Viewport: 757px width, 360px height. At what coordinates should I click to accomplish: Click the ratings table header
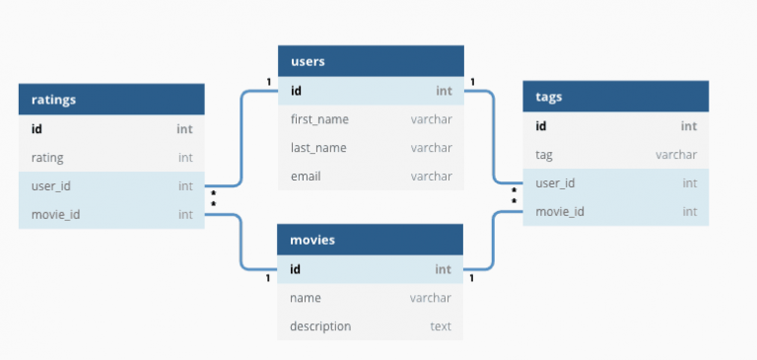[54, 99]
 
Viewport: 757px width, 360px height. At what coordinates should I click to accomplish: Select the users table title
[308, 61]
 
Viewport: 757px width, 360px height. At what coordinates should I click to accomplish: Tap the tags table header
[550, 97]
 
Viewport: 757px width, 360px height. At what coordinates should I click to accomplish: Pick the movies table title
[312, 240]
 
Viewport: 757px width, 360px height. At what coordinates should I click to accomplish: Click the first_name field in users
[319, 119]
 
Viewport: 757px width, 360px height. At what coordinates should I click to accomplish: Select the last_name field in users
[318, 148]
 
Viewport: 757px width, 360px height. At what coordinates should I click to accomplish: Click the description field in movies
[320, 326]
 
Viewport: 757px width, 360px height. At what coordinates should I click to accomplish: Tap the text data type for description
[441, 326]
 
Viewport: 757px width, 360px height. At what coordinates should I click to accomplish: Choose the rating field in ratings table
[47, 157]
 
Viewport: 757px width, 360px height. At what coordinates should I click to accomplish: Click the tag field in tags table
[543, 155]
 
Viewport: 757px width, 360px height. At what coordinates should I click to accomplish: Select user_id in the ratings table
[51, 185]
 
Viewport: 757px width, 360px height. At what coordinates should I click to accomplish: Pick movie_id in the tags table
[560, 212]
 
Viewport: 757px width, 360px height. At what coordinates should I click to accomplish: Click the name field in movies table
[306, 298]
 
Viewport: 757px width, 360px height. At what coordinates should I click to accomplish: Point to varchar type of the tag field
[676, 155]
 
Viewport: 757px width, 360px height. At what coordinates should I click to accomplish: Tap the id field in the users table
[296, 91]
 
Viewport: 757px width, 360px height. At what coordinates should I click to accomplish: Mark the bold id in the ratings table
[37, 128]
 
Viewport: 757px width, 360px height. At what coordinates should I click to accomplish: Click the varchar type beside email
[431, 177]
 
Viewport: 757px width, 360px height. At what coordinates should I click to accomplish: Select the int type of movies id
[444, 269]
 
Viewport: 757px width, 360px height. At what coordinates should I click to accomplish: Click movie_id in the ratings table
[55, 214]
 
